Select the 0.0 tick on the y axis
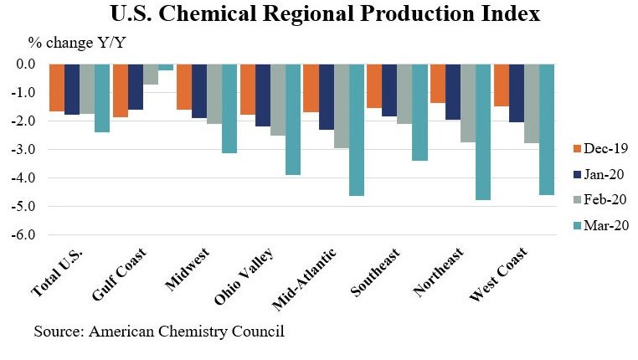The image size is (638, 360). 24,64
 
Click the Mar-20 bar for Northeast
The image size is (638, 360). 483,131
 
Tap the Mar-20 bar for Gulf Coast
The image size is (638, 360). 166,67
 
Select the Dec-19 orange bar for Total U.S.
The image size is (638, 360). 56,87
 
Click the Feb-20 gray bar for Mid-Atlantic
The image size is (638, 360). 341,105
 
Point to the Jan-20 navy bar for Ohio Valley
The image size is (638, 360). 262,95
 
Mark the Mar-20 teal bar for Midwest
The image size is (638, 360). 229,108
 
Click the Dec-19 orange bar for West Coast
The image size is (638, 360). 502,85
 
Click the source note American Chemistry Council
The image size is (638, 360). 159,332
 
